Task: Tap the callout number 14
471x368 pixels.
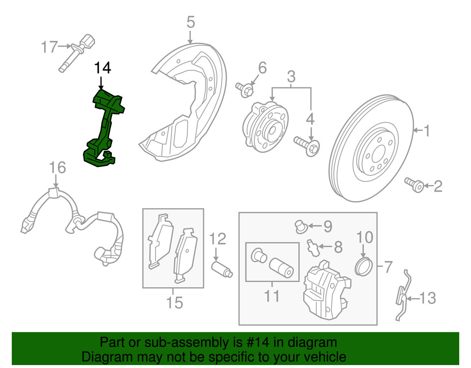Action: (x=103, y=67)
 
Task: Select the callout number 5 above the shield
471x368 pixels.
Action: (x=190, y=22)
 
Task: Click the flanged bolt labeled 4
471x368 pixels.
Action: (x=307, y=145)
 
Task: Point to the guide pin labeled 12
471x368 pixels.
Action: (x=221, y=269)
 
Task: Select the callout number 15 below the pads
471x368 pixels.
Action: (x=174, y=302)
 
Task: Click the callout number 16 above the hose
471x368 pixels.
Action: (x=57, y=168)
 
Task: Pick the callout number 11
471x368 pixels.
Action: (x=271, y=296)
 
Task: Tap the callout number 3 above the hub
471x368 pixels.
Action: (x=291, y=77)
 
